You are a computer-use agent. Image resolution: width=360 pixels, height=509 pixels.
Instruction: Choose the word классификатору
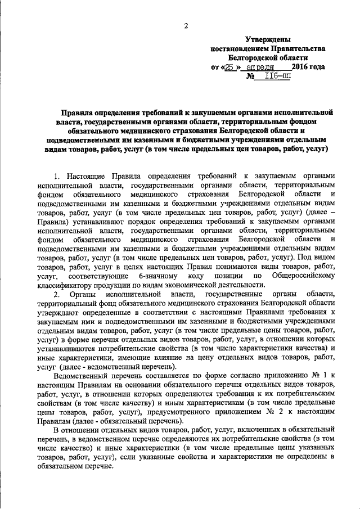tap(66, 286)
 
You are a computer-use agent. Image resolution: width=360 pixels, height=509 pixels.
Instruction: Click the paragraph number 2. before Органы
tap(56, 295)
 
